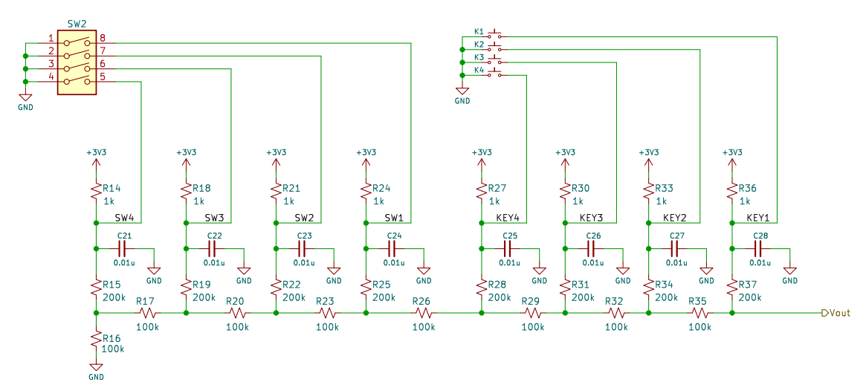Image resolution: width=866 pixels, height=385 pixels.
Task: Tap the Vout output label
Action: (836, 313)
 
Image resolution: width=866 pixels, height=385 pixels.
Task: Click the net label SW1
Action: (394, 219)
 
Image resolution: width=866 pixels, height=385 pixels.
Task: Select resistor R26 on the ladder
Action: (424, 313)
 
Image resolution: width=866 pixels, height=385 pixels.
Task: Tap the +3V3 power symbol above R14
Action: (96, 158)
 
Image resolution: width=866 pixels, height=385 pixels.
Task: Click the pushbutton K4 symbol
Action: (495, 73)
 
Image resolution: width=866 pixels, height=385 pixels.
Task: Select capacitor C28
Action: (760, 247)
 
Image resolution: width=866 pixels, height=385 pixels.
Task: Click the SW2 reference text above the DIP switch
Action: (76, 25)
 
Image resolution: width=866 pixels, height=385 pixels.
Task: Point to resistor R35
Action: (699, 313)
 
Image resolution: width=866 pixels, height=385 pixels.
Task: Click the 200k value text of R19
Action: (204, 297)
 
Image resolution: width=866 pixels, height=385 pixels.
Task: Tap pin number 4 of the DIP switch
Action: (51, 77)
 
